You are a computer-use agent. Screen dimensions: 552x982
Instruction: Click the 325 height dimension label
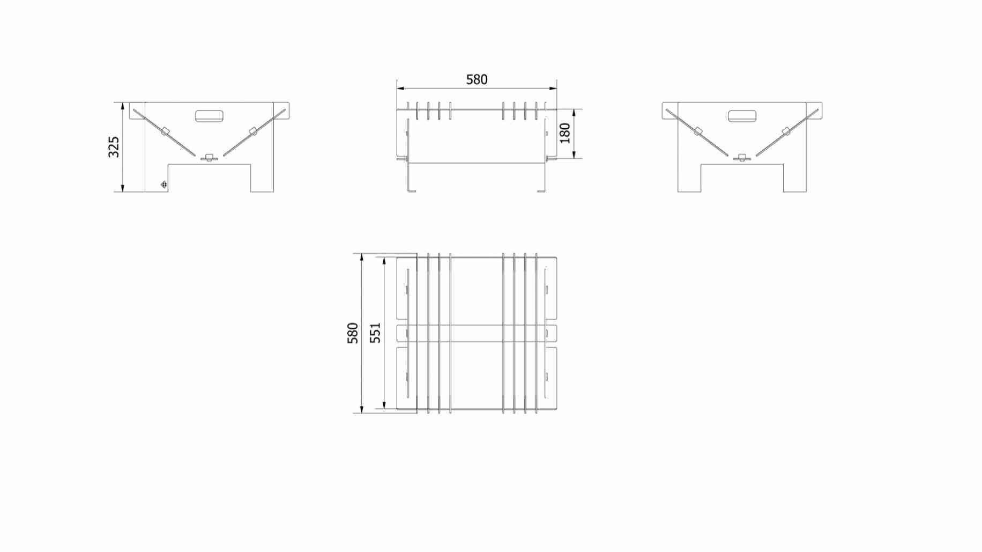(x=114, y=147)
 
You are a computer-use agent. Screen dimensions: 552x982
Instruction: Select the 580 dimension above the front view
(x=477, y=80)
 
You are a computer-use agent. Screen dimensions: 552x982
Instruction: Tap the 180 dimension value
(x=565, y=133)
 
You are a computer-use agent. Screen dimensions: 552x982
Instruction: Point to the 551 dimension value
(x=376, y=333)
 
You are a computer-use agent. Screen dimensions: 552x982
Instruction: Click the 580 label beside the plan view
(x=353, y=333)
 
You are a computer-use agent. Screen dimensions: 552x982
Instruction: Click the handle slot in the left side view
(x=209, y=116)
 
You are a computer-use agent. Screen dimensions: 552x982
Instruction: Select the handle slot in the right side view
(x=742, y=116)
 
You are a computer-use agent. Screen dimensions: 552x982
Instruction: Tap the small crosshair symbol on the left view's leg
(x=164, y=185)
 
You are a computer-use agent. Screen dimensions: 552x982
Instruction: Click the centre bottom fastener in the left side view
(x=209, y=158)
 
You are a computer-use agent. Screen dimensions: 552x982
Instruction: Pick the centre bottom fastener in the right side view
(x=742, y=158)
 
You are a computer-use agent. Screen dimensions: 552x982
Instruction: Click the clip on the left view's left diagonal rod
(x=165, y=131)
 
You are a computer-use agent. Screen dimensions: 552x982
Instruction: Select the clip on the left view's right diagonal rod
(x=253, y=131)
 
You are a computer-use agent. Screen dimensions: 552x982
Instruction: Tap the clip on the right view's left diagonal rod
(x=698, y=131)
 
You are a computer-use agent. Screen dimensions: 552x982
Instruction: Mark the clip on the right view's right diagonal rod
(x=786, y=131)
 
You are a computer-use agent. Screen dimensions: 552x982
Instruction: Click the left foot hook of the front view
(x=411, y=190)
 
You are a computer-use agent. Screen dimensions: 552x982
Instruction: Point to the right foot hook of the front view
(x=542, y=190)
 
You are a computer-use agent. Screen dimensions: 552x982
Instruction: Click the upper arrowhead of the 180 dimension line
(x=574, y=113)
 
